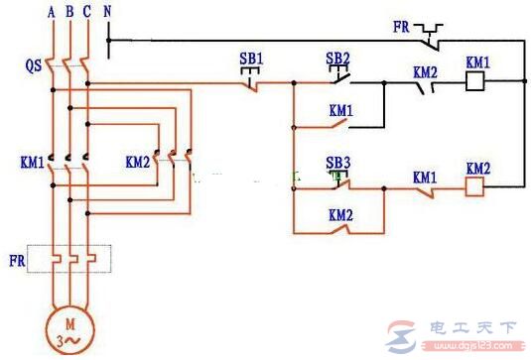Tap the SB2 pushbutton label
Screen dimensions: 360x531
[338, 59]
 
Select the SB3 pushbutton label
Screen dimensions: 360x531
[338, 162]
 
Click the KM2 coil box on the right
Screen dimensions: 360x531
[476, 185]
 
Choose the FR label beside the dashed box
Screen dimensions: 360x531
[18, 260]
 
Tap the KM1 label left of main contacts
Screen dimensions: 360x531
[30, 160]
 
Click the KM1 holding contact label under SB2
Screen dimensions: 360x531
[338, 109]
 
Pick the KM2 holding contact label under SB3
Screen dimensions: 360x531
[338, 212]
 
